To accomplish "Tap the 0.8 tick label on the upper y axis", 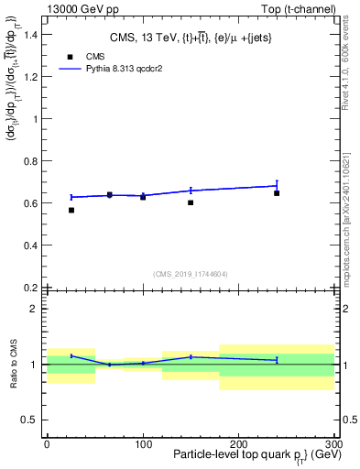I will click(x=27, y=161).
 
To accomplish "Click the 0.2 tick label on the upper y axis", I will click(x=27, y=288).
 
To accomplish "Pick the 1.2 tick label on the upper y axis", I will click(x=27, y=76).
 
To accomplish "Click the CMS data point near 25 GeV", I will click(x=71, y=210).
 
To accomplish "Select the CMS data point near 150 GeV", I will click(x=191, y=202).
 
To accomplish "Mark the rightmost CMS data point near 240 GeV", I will click(x=277, y=193).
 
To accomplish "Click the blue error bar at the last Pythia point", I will click(x=277, y=186).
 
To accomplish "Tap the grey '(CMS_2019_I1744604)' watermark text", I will click(x=190, y=273).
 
